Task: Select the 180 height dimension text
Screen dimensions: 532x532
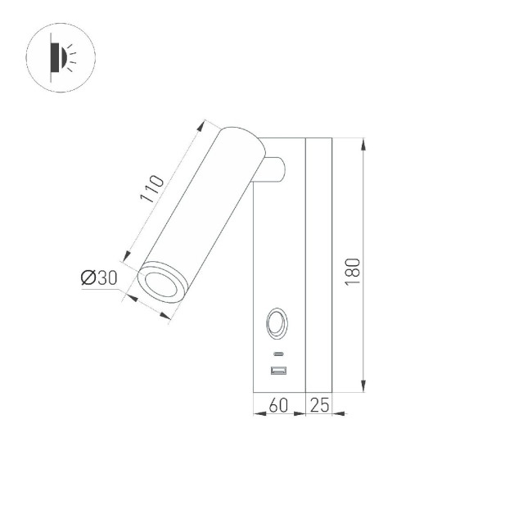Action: pos(353,270)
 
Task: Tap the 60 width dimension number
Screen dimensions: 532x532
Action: pos(279,404)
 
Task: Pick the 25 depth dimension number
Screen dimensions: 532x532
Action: pos(319,404)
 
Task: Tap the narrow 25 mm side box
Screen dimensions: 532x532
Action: pos(318,262)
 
